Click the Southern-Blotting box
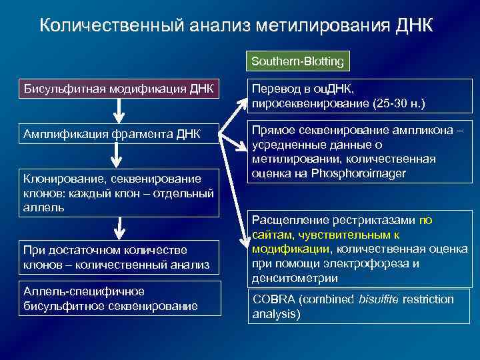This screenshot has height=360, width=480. click(297, 62)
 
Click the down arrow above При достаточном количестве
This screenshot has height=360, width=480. click(119, 229)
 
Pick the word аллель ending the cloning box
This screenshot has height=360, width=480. click(43, 207)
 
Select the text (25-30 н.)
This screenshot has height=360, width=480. click(396, 103)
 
